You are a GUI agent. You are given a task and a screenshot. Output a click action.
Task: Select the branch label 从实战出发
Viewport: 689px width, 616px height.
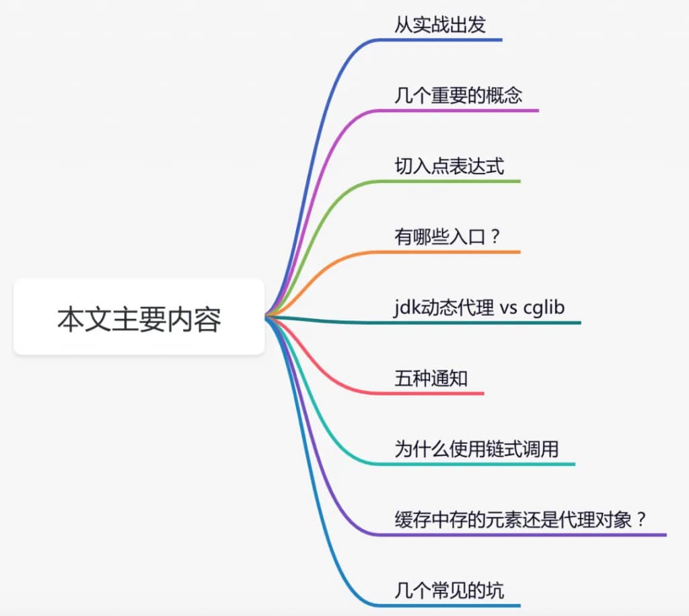tap(440, 25)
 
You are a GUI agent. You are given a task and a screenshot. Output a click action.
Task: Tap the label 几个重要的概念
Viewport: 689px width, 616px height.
tap(458, 95)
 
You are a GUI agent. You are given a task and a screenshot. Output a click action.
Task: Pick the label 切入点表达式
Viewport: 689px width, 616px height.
tap(449, 166)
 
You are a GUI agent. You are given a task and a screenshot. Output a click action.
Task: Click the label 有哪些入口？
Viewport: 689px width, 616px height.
tap(447, 237)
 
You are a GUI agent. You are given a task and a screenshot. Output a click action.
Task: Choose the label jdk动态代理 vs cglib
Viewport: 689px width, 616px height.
tap(480, 307)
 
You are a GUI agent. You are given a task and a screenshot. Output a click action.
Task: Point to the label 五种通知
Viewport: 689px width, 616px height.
tap(431, 379)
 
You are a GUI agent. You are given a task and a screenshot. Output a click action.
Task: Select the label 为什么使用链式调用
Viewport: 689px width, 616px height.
tap(476, 449)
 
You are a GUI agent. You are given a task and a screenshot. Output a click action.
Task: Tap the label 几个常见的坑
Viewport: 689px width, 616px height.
tap(449, 591)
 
